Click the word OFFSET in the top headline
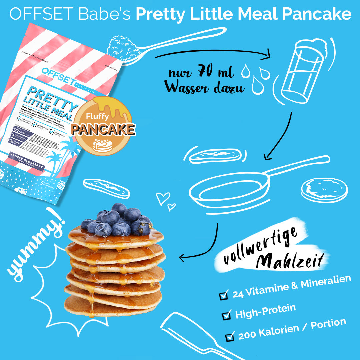(41, 14)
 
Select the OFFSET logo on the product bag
(60, 71)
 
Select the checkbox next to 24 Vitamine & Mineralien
(223, 295)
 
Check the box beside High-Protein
(227, 314)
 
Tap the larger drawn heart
(163, 198)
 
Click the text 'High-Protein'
(265, 311)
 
